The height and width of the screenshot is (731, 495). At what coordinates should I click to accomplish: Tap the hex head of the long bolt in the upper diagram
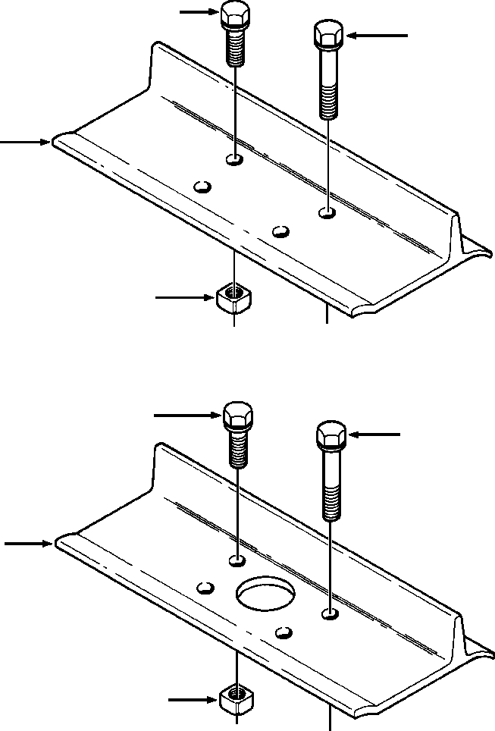(327, 34)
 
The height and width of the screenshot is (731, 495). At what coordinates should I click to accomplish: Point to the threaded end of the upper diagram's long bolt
(327, 102)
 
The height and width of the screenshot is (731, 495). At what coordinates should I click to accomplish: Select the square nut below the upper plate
(233, 296)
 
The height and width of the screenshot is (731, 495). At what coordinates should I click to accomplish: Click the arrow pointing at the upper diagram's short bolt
(199, 12)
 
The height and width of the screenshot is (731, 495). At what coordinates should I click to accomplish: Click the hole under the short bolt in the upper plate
(235, 160)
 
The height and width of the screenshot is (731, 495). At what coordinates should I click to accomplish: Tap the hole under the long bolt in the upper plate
(327, 214)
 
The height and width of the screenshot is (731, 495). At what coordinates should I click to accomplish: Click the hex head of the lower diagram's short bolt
(237, 416)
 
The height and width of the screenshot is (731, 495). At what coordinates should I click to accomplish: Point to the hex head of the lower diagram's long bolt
(331, 436)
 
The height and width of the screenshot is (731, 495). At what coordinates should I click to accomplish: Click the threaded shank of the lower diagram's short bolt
(238, 450)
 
